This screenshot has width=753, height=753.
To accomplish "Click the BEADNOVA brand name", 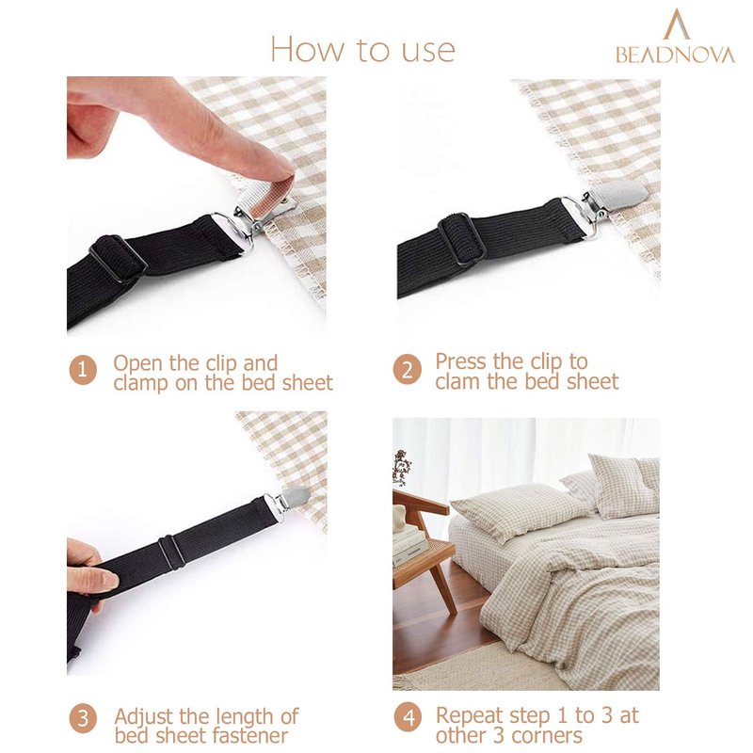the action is pyautogui.click(x=675, y=55).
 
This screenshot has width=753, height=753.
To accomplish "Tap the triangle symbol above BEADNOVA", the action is pyautogui.click(x=676, y=24).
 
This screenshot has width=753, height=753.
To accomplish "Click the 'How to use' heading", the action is pyautogui.click(x=363, y=49).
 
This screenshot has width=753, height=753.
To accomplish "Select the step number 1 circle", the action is pyautogui.click(x=83, y=370).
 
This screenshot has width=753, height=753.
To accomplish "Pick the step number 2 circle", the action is pyautogui.click(x=408, y=370).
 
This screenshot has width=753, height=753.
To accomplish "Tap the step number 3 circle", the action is pyautogui.click(x=83, y=718).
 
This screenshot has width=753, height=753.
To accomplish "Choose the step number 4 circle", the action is pyautogui.click(x=409, y=718).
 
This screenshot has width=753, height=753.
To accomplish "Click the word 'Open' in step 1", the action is pyautogui.click(x=138, y=364).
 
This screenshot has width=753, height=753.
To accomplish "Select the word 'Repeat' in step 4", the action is pyautogui.click(x=469, y=716).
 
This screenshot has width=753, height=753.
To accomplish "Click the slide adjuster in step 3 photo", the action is pyautogui.click(x=171, y=552).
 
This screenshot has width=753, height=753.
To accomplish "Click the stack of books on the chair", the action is pyautogui.click(x=409, y=544).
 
